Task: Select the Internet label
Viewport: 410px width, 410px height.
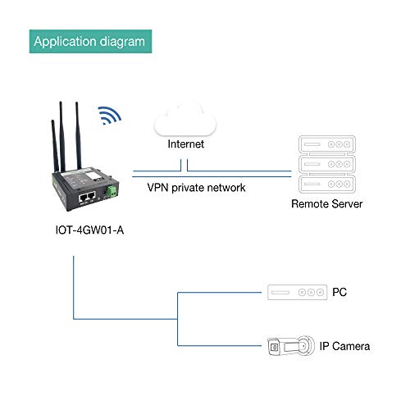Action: point(186,143)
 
